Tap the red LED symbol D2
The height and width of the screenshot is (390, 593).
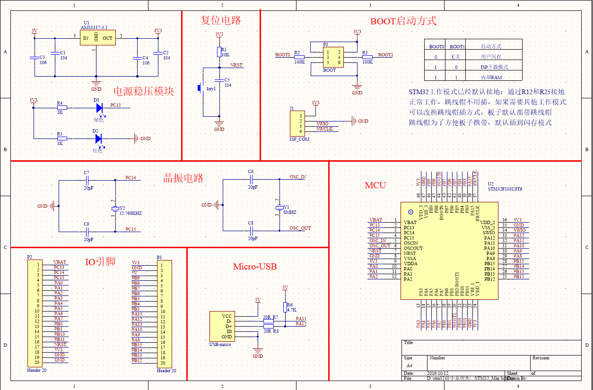(98, 139)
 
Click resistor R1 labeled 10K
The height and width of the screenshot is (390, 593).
(219, 52)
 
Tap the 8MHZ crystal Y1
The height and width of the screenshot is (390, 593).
(279, 208)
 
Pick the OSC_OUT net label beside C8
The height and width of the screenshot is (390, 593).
(300, 228)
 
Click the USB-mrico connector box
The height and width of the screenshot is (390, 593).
(222, 326)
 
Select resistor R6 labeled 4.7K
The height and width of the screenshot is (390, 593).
(285, 307)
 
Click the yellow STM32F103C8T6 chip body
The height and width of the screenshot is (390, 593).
(449, 251)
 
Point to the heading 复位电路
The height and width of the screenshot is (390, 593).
(220, 20)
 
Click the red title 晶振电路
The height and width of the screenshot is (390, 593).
(183, 178)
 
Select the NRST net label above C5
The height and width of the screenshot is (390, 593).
(236, 65)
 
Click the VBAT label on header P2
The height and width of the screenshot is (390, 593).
(60, 262)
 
